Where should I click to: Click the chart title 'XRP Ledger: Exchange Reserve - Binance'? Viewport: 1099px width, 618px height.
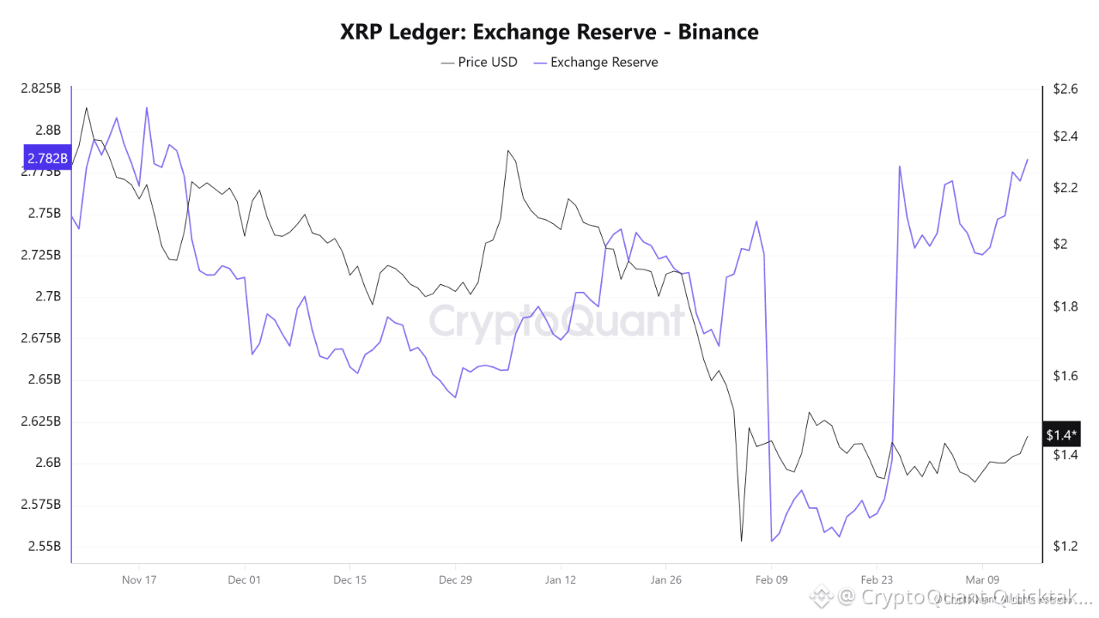pos(549,33)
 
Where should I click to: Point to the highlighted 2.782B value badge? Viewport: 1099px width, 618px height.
pos(46,158)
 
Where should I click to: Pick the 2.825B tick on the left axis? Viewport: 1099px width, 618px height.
pos(40,88)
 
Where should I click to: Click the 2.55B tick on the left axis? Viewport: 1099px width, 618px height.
pos(44,546)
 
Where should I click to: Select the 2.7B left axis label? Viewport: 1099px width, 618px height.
pos(48,296)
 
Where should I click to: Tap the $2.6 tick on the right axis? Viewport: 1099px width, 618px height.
pos(1059,88)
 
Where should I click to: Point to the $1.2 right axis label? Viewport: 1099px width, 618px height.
pos(1059,546)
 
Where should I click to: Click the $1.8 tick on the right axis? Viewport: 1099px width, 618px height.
pos(1059,306)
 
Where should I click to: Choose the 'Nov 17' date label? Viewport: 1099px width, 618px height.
pos(138,579)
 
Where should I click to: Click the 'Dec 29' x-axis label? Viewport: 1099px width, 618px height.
pos(455,579)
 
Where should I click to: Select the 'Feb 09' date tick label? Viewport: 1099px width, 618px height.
pos(771,579)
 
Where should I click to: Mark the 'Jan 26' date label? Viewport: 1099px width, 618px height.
pos(665,579)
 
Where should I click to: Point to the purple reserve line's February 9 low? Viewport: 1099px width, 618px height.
pos(772,541)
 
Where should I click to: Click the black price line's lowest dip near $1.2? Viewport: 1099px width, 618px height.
pos(741,542)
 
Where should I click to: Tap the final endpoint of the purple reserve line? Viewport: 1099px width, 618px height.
pos(1028,160)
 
